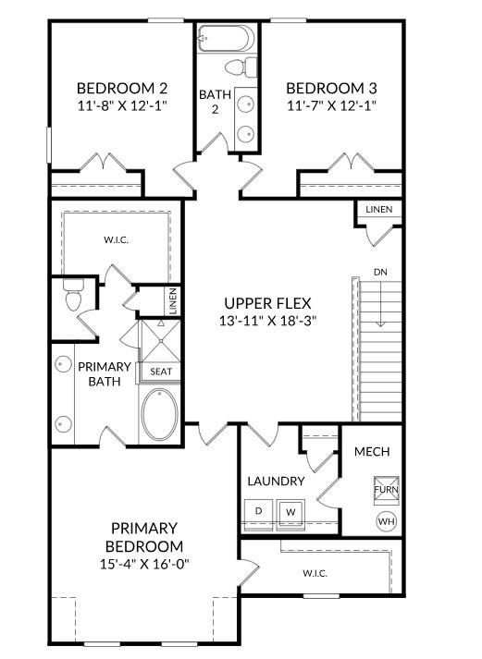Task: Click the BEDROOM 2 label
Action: [122, 88]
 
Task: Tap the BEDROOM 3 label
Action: [331, 88]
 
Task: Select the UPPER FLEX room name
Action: [267, 303]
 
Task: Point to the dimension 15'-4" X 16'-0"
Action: [144, 564]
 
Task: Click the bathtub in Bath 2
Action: [227, 38]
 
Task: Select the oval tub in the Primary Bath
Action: [159, 415]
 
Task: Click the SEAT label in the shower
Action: [161, 372]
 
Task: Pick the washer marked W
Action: [290, 512]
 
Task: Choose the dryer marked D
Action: [259, 511]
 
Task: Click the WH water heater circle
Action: [386, 521]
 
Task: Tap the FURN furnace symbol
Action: [386, 490]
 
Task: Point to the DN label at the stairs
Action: [380, 272]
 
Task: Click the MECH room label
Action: [372, 452]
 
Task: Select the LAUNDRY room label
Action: [276, 482]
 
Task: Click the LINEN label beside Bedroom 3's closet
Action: [378, 209]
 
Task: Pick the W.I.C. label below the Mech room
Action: [315, 573]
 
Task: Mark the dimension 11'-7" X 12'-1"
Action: [331, 105]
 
